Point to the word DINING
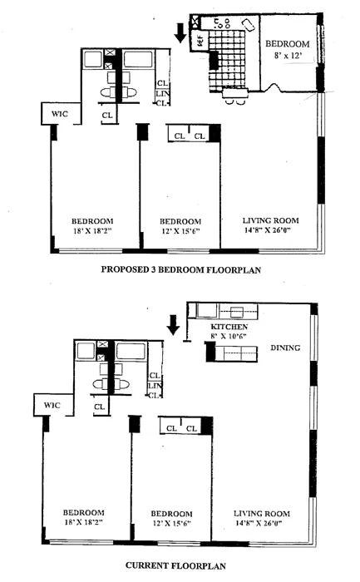coord(284,348)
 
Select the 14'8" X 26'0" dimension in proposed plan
coord(270,233)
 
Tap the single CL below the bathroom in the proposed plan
coord(107,116)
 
